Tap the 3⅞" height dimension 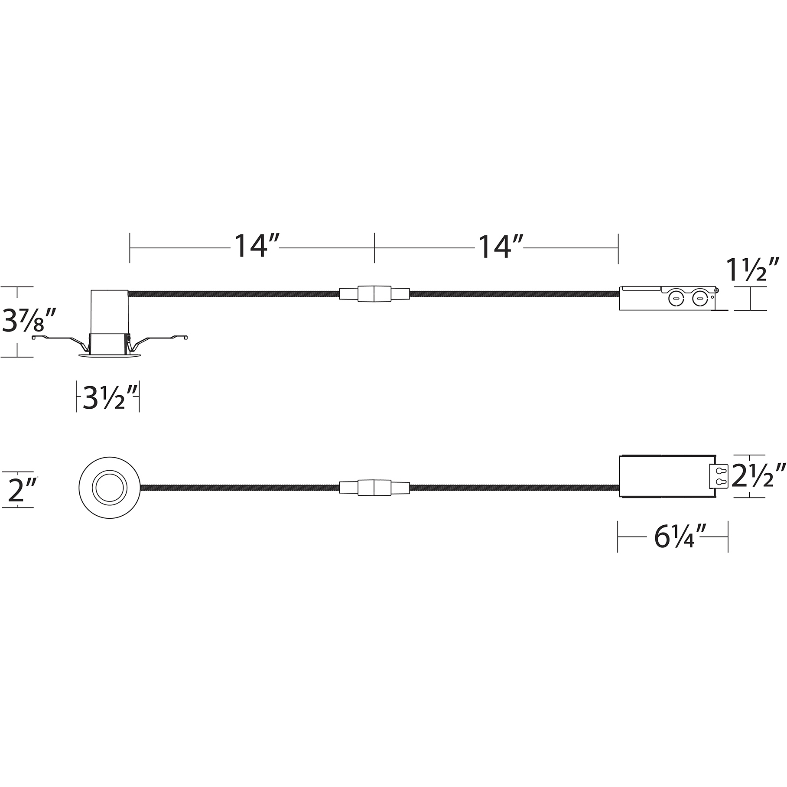tap(29, 320)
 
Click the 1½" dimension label tap(751, 270)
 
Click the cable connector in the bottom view tap(374, 488)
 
